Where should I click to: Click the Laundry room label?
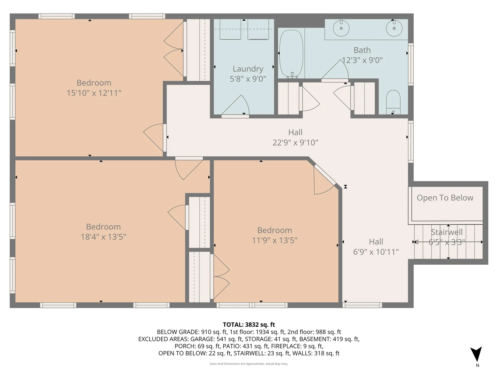point(248,69)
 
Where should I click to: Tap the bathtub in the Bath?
point(291,54)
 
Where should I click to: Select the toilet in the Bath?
point(393,102)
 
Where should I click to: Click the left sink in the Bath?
point(341,28)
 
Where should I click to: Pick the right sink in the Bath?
point(394,28)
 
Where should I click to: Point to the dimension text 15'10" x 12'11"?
point(94,93)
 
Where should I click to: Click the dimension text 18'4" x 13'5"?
point(103,237)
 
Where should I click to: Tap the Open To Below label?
point(445,198)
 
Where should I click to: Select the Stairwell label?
point(447,232)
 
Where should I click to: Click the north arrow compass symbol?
point(476,355)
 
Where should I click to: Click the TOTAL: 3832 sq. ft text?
point(249,325)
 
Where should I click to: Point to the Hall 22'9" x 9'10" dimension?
point(295,142)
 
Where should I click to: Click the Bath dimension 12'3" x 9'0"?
point(362,60)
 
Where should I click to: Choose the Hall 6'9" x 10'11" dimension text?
point(376,252)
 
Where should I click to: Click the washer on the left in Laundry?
point(230,29)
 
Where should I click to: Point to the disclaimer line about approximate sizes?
point(249,364)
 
